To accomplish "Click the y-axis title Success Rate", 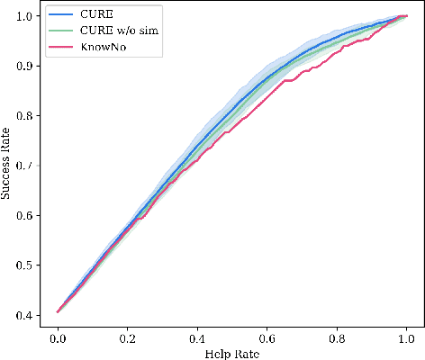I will (x=8, y=165).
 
